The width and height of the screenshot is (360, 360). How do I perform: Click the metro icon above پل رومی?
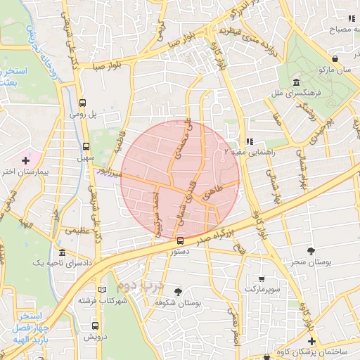pyautogui.click(x=84, y=101)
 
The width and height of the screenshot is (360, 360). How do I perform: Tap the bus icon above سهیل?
pyautogui.click(x=86, y=147)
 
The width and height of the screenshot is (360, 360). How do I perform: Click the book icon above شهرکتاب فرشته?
pyautogui.click(x=103, y=290)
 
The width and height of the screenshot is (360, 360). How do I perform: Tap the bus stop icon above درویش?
pyautogui.click(x=96, y=326)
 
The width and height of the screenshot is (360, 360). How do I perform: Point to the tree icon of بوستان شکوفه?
pyautogui.click(x=177, y=291)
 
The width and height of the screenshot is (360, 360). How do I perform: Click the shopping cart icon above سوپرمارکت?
pyautogui.click(x=262, y=279)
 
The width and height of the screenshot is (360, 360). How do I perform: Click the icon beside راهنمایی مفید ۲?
pyautogui.click(x=249, y=141)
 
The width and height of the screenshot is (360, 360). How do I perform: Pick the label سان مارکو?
pyautogui.click(x=334, y=70)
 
